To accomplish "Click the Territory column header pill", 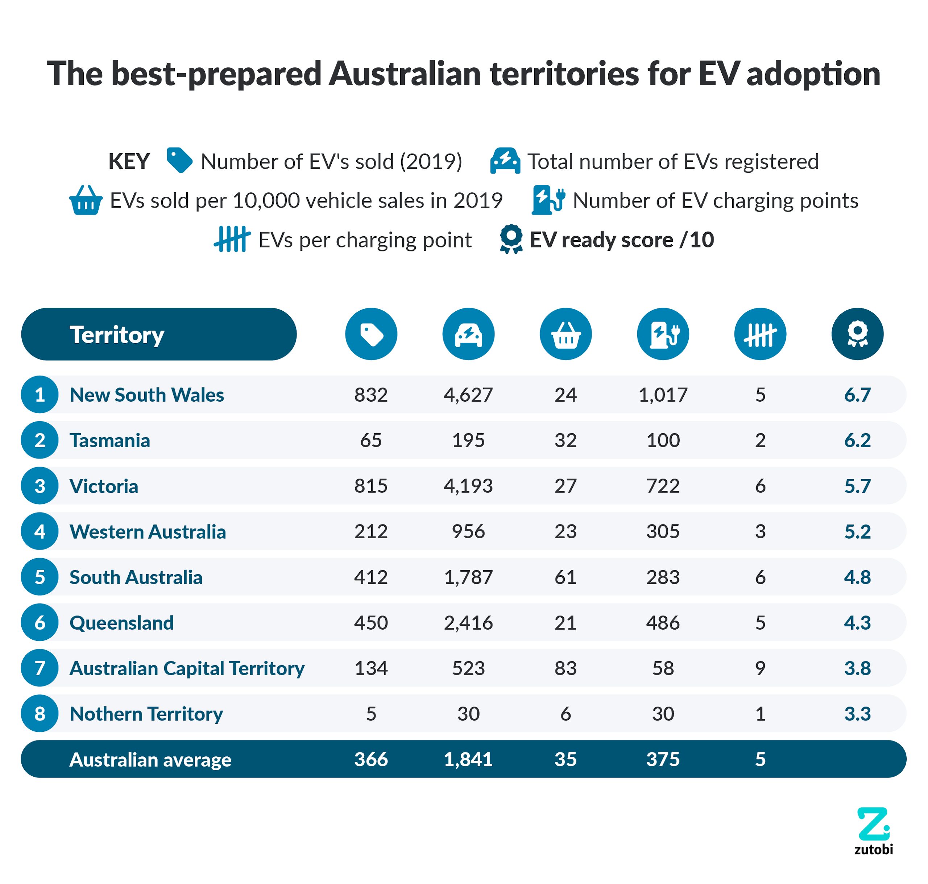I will [159, 334].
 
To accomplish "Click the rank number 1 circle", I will [40, 394].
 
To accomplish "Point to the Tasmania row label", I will [110, 440].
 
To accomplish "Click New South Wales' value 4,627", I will [468, 394].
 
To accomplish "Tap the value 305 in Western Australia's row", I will [663, 532].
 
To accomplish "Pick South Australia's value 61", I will [565, 577].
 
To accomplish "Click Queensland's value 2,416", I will [468, 623].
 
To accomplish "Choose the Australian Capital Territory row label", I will [187, 668].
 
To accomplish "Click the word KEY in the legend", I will [129, 162].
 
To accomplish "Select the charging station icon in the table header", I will [663, 334].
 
